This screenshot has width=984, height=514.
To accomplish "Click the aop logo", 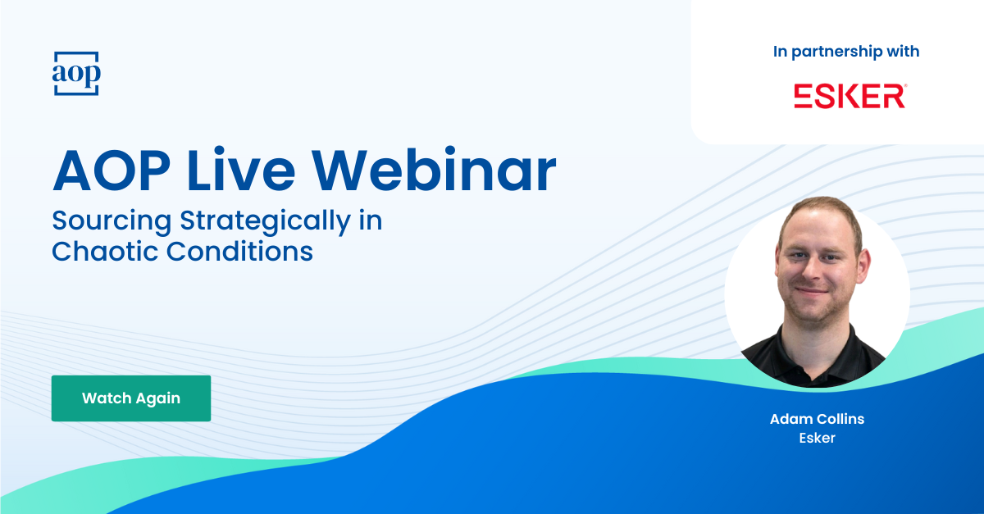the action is point(76,73).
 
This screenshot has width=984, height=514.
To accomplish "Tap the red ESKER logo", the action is point(850,96).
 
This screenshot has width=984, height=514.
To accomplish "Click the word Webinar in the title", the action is point(434,171).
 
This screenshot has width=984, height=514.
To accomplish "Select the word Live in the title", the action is point(241,170).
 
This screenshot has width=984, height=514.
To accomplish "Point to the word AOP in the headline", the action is point(112,171).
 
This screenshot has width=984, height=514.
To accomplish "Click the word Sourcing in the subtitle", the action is point(112,221).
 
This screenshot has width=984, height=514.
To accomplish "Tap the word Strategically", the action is point(266,221).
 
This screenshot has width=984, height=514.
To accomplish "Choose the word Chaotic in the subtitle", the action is point(105,252).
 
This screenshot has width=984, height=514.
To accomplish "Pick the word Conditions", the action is point(239,252).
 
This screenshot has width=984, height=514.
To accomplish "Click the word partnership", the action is point(836,52).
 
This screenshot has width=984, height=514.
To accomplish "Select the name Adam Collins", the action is point(817,419).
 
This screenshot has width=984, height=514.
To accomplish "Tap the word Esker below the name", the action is point(817,438).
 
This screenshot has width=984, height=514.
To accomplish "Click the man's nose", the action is point(812,271).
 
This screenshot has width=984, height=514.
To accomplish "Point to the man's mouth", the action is point(812,291).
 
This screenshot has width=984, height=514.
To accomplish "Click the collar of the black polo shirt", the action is point(816,352).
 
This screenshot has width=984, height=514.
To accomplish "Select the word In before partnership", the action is point(780,52).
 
